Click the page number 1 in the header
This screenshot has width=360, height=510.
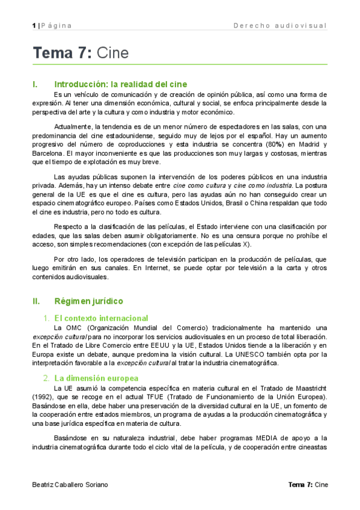click(34, 25)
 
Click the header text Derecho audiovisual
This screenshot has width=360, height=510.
click(279, 25)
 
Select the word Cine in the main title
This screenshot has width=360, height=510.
click(112, 53)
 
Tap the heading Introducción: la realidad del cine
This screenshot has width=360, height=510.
click(120, 84)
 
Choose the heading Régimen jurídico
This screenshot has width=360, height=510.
click(88, 301)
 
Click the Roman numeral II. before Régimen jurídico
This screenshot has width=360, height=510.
click(36, 301)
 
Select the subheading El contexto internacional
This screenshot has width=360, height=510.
click(100, 318)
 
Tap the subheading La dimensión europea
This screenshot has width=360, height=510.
click(96, 378)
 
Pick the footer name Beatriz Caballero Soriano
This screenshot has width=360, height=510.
click(71, 485)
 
